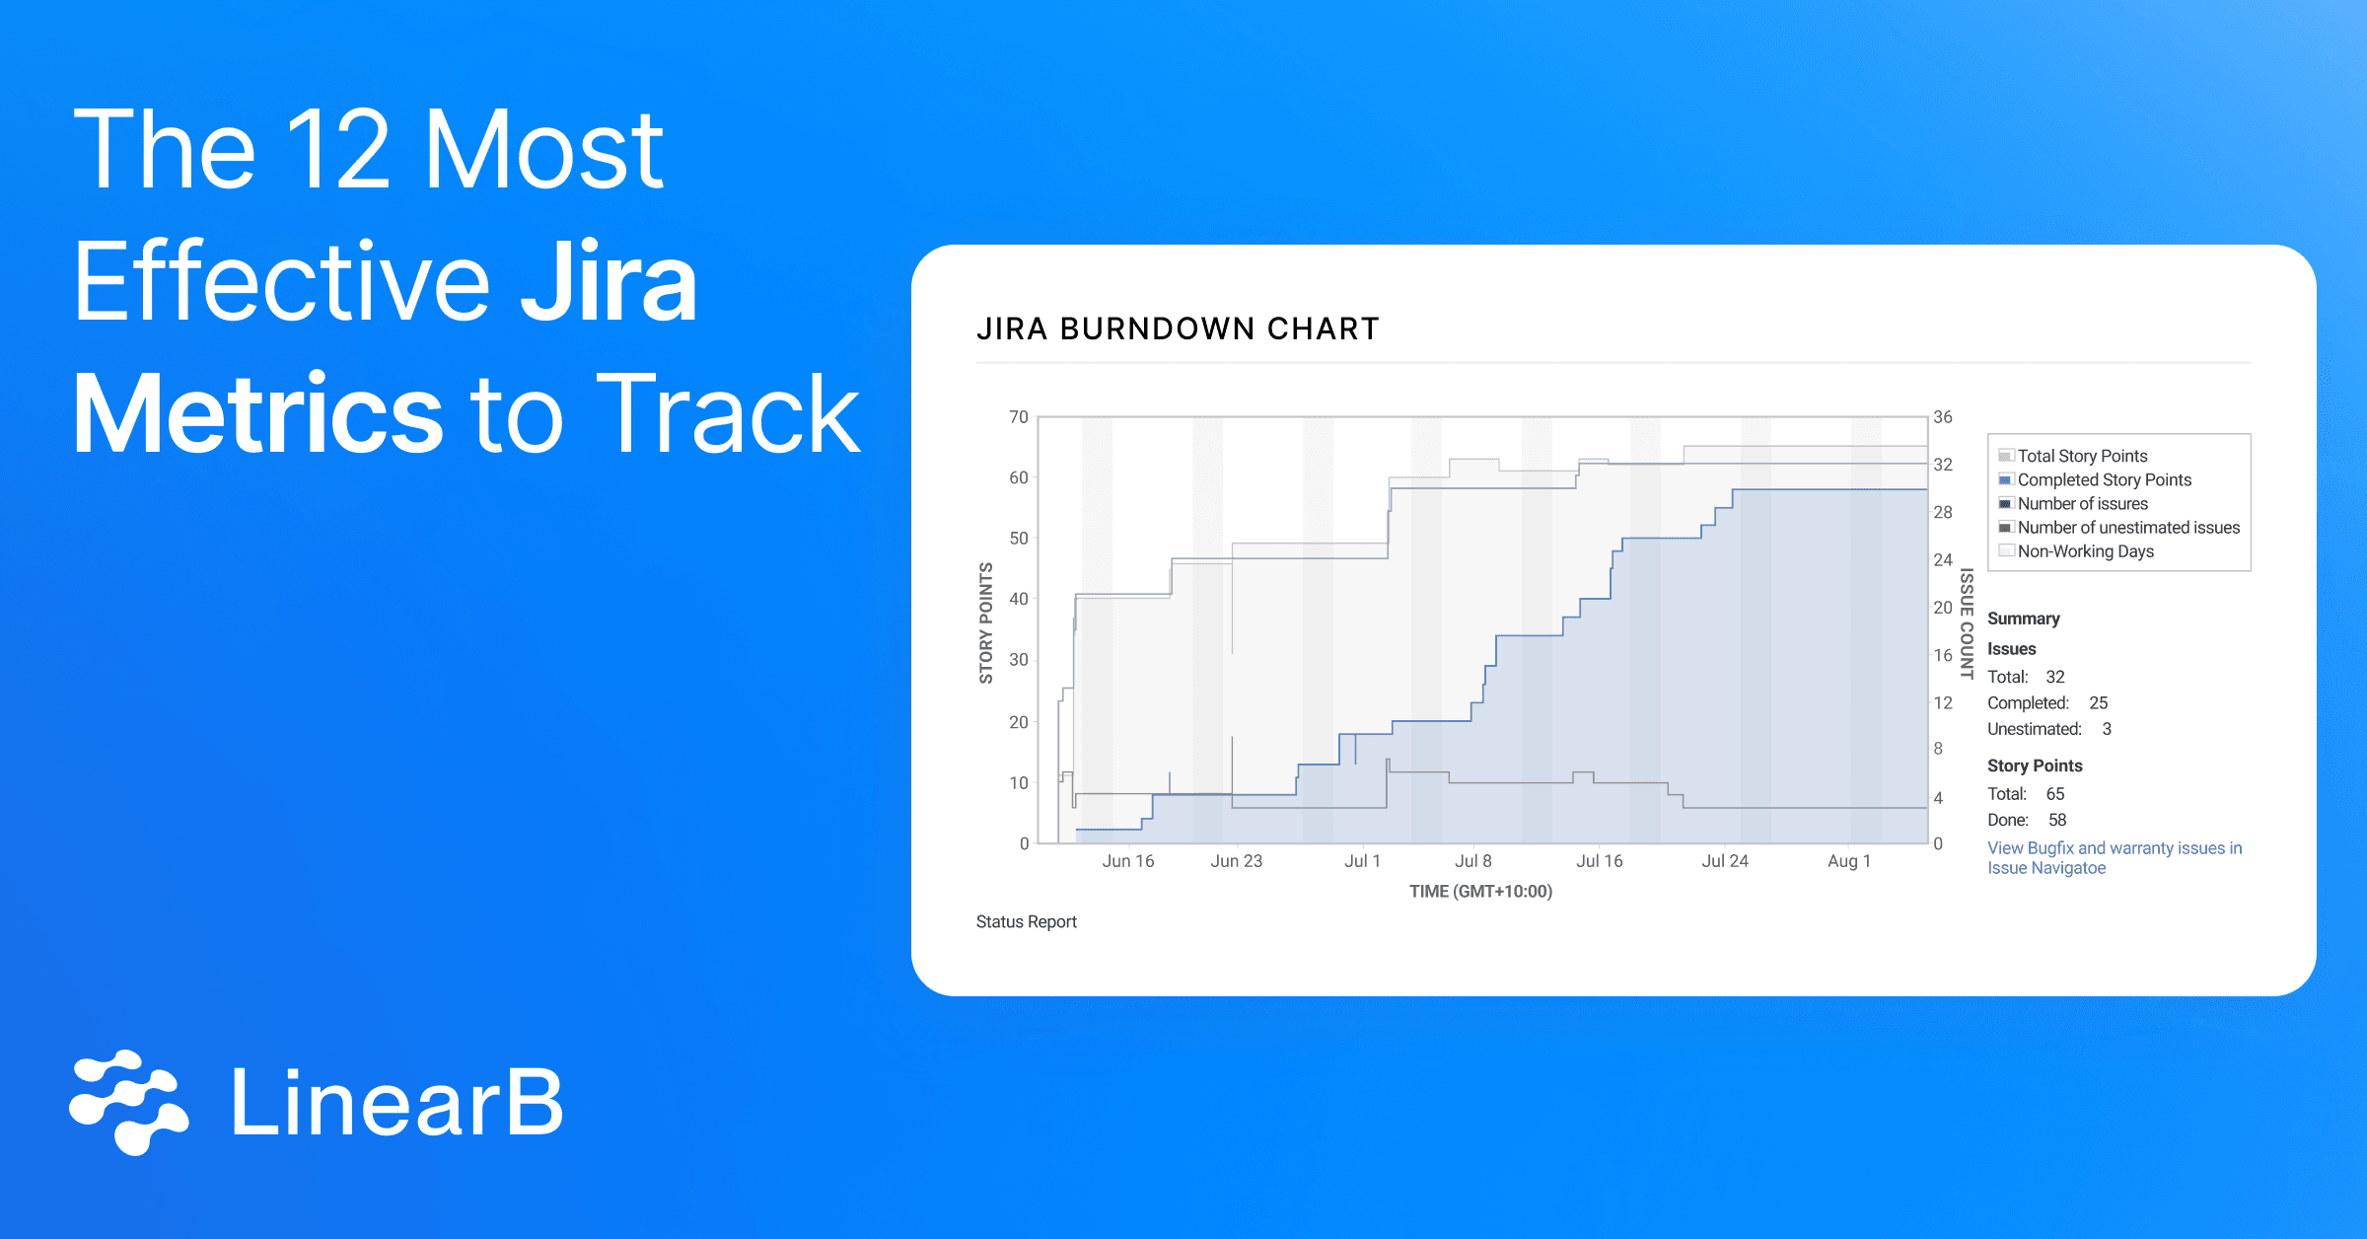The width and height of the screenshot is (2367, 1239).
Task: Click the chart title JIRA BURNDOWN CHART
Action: pos(1178,328)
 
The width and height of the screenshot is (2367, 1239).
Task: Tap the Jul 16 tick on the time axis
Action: pos(1599,861)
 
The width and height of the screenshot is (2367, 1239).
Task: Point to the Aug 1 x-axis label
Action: pos(1848,861)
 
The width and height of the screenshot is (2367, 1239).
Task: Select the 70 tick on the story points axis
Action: pos(1018,417)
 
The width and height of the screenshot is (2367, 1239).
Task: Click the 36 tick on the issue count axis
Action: pos(1942,417)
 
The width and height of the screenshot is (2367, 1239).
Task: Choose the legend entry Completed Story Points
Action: pos(2104,479)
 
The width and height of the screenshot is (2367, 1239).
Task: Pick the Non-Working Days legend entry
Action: pos(2085,551)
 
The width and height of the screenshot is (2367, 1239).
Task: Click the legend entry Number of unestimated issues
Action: pos(2127,528)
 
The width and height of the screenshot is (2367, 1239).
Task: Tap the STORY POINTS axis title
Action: pos(985,622)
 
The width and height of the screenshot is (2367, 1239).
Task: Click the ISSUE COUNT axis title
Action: pos(1966,622)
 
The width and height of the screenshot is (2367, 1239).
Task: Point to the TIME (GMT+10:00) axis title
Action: pos(1480,892)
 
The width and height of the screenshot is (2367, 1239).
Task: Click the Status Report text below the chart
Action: pos(1026,921)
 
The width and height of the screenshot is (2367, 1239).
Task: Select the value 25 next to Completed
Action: pos(2098,703)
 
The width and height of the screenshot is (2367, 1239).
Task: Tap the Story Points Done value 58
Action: pos(2056,820)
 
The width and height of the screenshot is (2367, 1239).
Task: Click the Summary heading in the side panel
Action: pos(2023,619)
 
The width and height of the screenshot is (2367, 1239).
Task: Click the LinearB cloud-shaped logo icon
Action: pos(128,1102)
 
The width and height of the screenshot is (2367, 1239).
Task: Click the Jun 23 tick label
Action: pos(1236,861)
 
